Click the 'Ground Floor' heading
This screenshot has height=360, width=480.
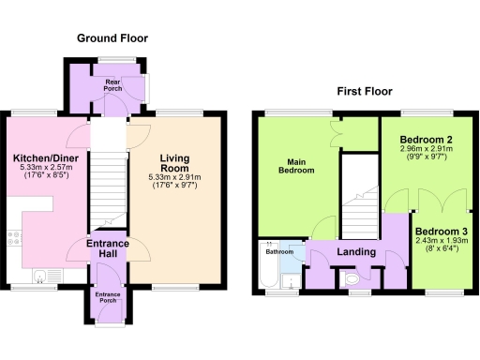(112, 38)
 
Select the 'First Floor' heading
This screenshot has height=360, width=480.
(364, 92)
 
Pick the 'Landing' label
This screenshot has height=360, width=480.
(356, 252)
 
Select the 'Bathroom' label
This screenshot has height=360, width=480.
(278, 252)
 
